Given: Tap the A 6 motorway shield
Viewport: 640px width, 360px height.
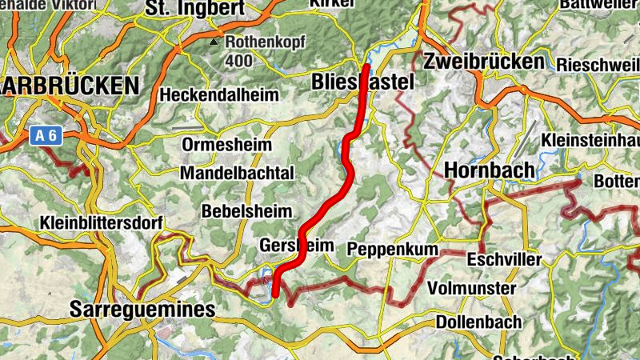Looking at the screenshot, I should tap(46, 136).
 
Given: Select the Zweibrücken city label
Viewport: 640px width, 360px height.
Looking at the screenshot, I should tap(485, 62).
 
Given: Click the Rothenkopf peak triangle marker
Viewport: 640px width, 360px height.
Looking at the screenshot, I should tap(215, 42).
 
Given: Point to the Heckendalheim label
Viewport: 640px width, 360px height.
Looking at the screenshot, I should tap(219, 95).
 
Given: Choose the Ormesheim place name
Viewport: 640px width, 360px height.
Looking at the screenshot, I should tap(226, 146).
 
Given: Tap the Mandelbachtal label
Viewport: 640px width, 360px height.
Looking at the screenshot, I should tap(238, 173).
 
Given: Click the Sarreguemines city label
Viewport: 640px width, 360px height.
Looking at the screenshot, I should tap(142, 309).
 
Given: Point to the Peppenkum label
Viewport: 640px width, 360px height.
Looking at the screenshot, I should tap(393, 250).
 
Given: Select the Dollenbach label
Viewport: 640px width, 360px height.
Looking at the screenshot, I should tap(479, 322).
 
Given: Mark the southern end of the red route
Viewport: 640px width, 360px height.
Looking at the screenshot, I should tap(274, 294).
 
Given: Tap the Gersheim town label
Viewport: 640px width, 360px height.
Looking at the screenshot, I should tap(296, 246).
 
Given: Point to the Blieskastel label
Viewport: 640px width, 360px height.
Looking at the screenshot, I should tap(365, 82).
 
